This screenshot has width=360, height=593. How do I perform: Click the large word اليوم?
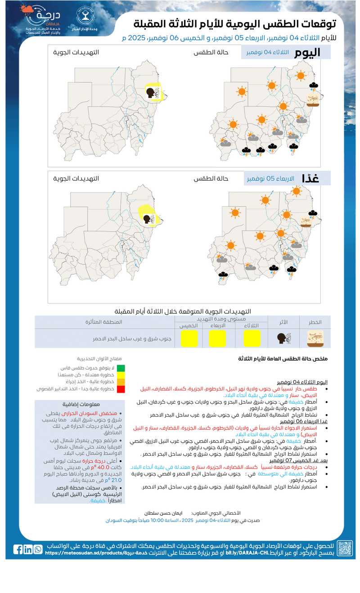coord(307,53)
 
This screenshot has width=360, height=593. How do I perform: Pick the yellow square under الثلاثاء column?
coord(252,339)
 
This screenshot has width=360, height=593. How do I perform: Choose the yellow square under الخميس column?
coord(189,339)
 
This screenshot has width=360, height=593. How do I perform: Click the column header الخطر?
coord(315,322)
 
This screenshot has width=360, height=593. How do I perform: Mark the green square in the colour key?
coord(121,368)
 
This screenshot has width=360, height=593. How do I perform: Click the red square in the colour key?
coord(121,389)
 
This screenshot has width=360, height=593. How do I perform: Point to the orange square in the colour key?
coord(121,382)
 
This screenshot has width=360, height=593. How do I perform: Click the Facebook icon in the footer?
coord(18,549)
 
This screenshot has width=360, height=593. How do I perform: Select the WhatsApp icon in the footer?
coord(38,549)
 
